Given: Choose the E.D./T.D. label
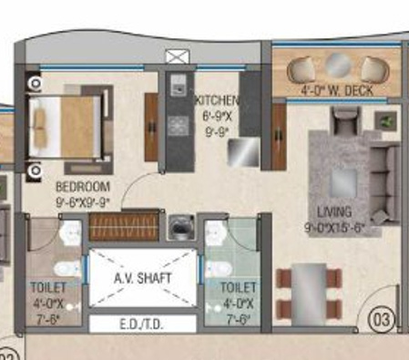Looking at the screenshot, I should (141, 324).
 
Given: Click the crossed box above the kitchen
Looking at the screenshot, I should (175, 57).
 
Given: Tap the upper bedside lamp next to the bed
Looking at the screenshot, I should (35, 84).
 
